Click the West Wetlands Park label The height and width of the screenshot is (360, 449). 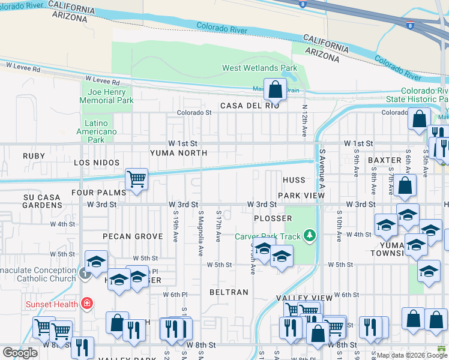point(259,68)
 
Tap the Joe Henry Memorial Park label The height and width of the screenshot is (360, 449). point(107,96)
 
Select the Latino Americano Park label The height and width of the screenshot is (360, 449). point(97,131)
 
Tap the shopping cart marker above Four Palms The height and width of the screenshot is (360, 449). point(136,179)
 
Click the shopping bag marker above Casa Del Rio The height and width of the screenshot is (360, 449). point(274,90)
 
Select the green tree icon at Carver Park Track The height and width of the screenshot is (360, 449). point(310,235)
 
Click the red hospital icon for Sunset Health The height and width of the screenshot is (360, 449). point(87,304)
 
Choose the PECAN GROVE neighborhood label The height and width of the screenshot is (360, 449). point(133,236)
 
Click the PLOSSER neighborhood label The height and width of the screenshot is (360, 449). point(273,218)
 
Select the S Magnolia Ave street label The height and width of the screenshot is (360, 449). point(201,233)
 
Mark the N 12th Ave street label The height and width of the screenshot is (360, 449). point(304,120)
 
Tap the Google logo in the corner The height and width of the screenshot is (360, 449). point(20,353)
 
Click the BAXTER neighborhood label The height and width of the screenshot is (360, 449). point(384,160)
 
